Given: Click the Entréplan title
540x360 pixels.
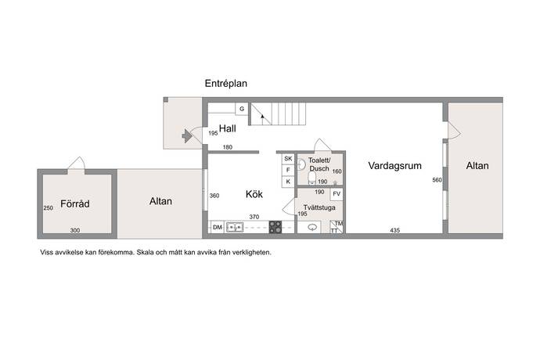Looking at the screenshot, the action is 226,84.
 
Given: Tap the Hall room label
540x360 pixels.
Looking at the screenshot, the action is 228,128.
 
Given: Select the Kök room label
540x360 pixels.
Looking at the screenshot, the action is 254,194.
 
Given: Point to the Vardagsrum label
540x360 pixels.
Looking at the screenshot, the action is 394,166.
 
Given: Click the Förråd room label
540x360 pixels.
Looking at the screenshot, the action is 74,203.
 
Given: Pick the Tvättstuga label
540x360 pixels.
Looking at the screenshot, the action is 319,207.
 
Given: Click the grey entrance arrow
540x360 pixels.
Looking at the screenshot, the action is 187,136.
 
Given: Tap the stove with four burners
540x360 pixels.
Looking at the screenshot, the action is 275,227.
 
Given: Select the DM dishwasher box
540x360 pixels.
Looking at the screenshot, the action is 218,227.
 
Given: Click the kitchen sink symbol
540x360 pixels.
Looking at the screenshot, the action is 235,228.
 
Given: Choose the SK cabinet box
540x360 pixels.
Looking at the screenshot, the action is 288,158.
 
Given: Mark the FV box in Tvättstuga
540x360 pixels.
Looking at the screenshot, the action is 337,194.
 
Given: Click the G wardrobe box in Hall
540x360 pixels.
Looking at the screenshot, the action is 242,109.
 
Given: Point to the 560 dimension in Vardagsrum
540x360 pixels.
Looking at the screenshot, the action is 437,180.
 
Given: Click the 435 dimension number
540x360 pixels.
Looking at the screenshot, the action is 394,230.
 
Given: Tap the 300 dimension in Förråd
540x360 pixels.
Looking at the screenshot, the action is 74,230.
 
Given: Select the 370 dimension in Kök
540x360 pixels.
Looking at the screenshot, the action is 254,217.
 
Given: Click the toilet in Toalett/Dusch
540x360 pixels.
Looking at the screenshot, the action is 312,178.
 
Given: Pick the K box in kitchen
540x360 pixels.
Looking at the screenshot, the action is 288,182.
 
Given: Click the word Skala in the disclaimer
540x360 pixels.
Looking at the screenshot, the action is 145,252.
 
